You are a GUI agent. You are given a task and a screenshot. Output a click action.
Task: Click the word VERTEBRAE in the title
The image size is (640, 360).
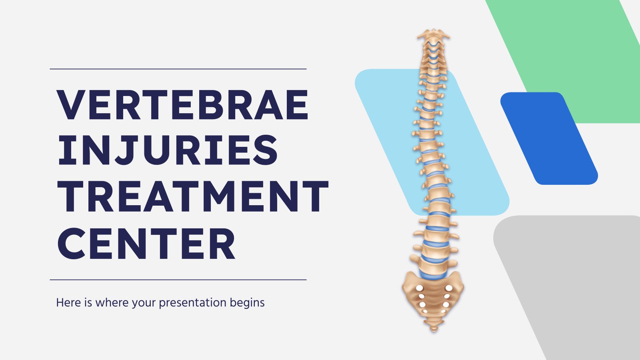(182, 104)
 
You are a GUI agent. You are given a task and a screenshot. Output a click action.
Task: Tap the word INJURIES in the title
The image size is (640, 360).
(168, 150)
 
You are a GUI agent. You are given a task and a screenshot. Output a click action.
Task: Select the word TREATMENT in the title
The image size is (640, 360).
(193, 196)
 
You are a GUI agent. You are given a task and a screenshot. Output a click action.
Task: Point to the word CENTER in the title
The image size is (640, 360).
(146, 244)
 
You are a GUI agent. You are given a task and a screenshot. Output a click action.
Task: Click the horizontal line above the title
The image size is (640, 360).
(178, 69)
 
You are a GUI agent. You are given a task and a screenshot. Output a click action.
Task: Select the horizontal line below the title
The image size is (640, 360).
(178, 280)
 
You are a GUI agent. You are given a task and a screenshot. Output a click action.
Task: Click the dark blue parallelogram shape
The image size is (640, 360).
(549, 138)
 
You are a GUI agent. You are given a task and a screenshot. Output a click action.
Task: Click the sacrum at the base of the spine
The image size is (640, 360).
(433, 297)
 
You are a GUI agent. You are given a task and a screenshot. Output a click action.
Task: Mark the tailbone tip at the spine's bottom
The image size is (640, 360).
(434, 330)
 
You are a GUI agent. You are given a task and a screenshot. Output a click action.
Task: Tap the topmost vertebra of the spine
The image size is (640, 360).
(434, 35)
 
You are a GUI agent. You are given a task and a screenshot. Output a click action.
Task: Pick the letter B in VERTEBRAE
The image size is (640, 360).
(212, 104)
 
